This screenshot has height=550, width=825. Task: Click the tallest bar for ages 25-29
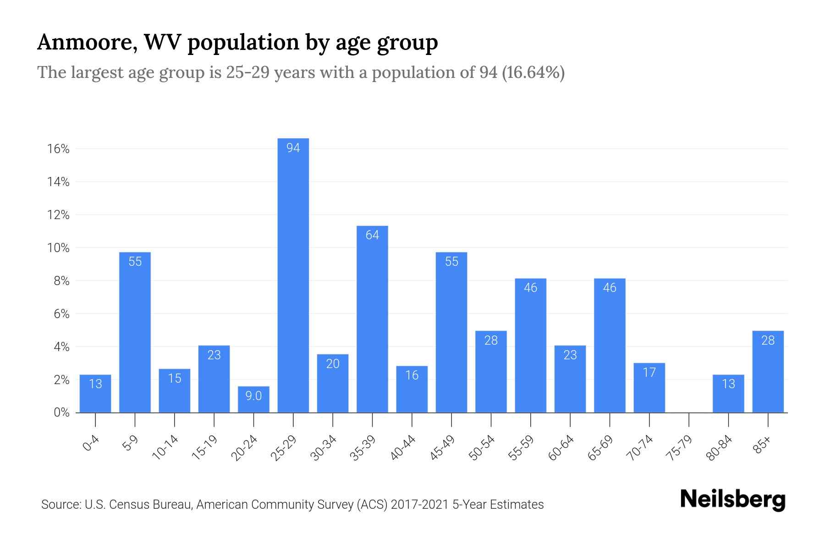(x=293, y=275)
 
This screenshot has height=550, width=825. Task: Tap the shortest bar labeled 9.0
(x=253, y=399)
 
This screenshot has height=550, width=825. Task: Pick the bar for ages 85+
(x=768, y=372)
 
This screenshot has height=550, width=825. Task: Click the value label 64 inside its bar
(x=372, y=235)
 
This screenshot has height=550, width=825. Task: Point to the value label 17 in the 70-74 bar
(x=649, y=372)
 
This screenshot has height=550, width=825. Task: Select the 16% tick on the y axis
(x=58, y=149)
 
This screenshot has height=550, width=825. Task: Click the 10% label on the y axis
(x=58, y=248)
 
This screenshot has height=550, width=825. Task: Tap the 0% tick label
(x=61, y=412)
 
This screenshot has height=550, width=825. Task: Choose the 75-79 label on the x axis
(x=679, y=448)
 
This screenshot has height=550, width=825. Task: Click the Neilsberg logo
(x=732, y=500)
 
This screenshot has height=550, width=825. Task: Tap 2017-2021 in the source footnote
(x=419, y=505)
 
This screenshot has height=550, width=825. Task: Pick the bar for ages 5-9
(x=135, y=332)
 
